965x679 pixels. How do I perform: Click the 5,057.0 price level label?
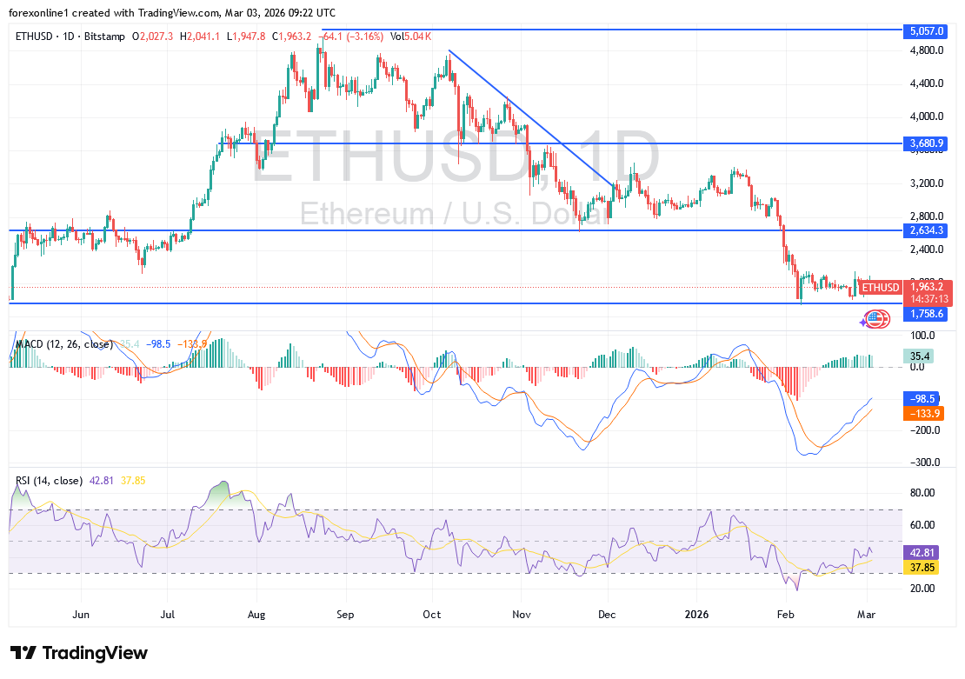pyautogui.click(x=927, y=30)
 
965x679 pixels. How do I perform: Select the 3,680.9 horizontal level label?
pyautogui.click(x=927, y=143)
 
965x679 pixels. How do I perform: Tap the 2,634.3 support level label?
pyautogui.click(x=927, y=231)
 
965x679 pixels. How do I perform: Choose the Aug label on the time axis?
pyautogui.click(x=257, y=615)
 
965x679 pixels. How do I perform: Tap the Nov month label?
pyautogui.click(x=521, y=615)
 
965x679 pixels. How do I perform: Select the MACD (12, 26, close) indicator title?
pyautogui.click(x=63, y=344)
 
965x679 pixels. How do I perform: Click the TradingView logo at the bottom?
pyautogui.click(x=78, y=653)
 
